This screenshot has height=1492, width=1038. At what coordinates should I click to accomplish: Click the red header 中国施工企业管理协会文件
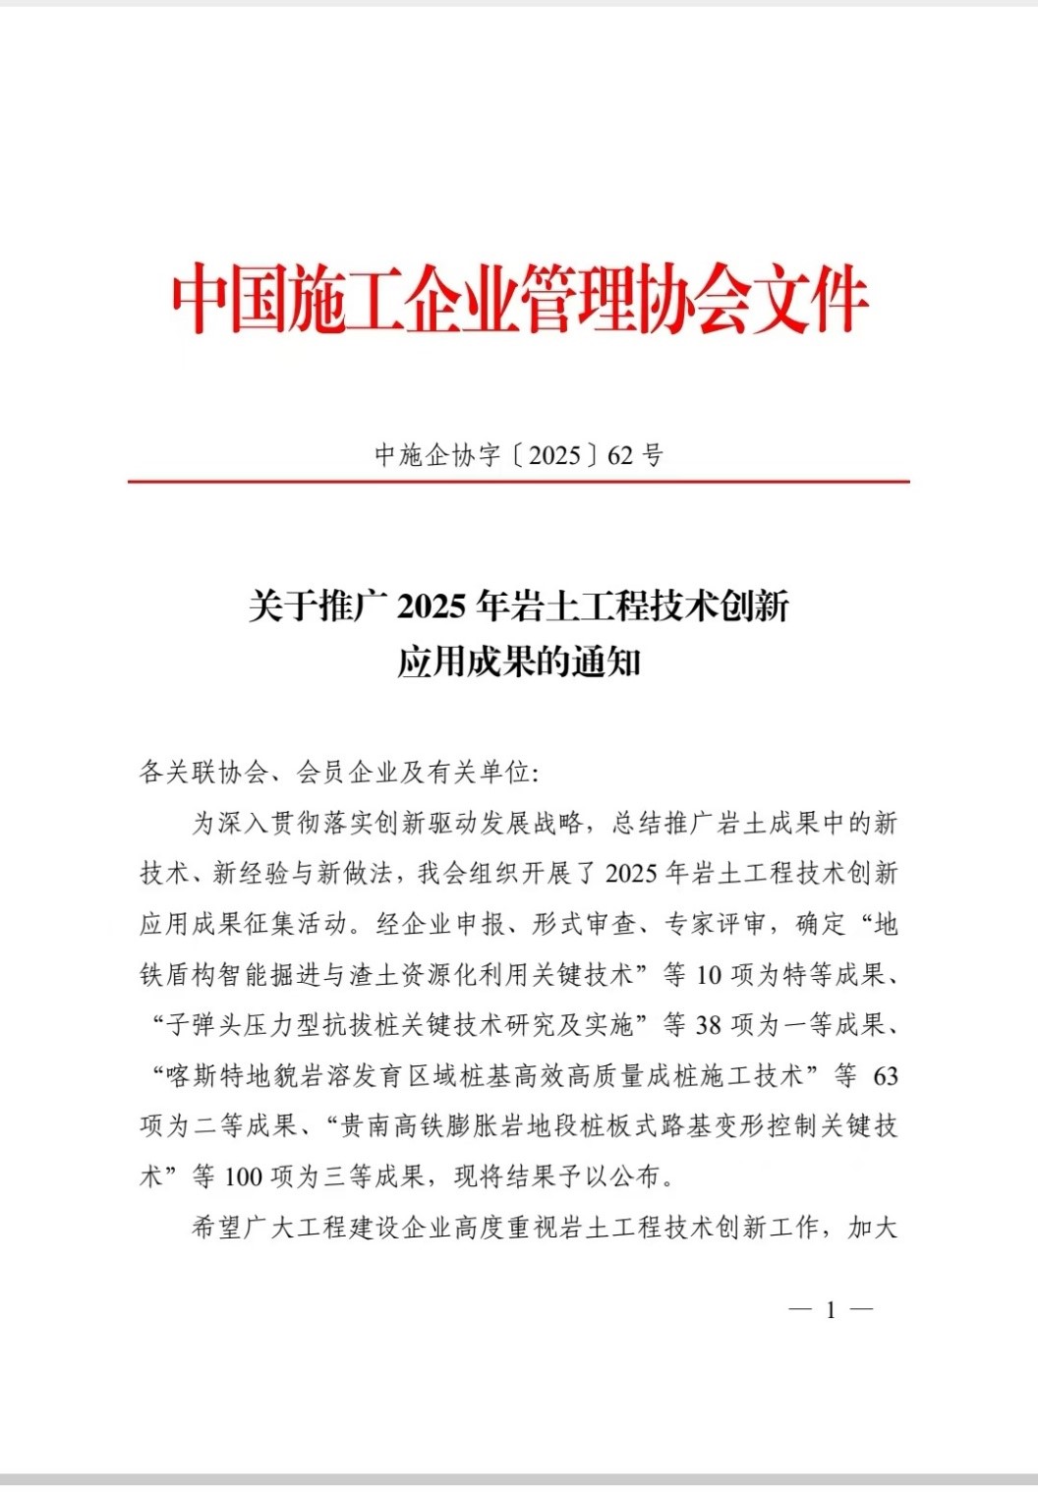pyautogui.click(x=519, y=299)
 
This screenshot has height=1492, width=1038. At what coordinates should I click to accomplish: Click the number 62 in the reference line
pyautogui.click(x=620, y=455)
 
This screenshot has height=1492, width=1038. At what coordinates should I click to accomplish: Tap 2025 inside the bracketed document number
pyautogui.click(x=554, y=455)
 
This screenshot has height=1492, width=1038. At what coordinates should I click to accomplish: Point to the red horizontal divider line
pyautogui.click(x=519, y=482)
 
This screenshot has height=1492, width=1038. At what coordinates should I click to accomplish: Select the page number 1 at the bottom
pyautogui.click(x=831, y=1309)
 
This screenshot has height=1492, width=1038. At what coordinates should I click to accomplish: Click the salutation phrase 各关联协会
pyautogui.click(x=203, y=773)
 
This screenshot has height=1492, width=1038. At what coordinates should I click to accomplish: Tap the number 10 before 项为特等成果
pyautogui.click(x=709, y=975)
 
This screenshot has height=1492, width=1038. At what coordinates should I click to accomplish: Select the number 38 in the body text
pyautogui.click(x=709, y=1025)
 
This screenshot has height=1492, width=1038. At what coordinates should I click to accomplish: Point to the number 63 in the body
pyautogui.click(x=886, y=1076)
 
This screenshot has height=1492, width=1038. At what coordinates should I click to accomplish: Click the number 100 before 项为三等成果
pyautogui.click(x=244, y=1176)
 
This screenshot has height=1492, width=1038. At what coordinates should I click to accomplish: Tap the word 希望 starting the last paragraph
pyautogui.click(x=216, y=1228)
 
